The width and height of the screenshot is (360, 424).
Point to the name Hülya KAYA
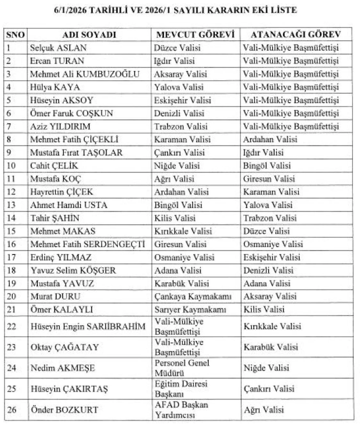(x=55, y=87)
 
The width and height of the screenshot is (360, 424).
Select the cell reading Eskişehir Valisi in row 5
(x=180, y=100)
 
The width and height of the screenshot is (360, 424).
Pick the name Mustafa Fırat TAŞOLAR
(x=76, y=152)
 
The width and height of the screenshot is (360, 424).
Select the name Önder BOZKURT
(x=64, y=410)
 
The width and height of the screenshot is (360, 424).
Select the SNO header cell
(x=15, y=35)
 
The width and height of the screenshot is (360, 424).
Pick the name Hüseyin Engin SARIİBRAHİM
(x=84, y=326)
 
